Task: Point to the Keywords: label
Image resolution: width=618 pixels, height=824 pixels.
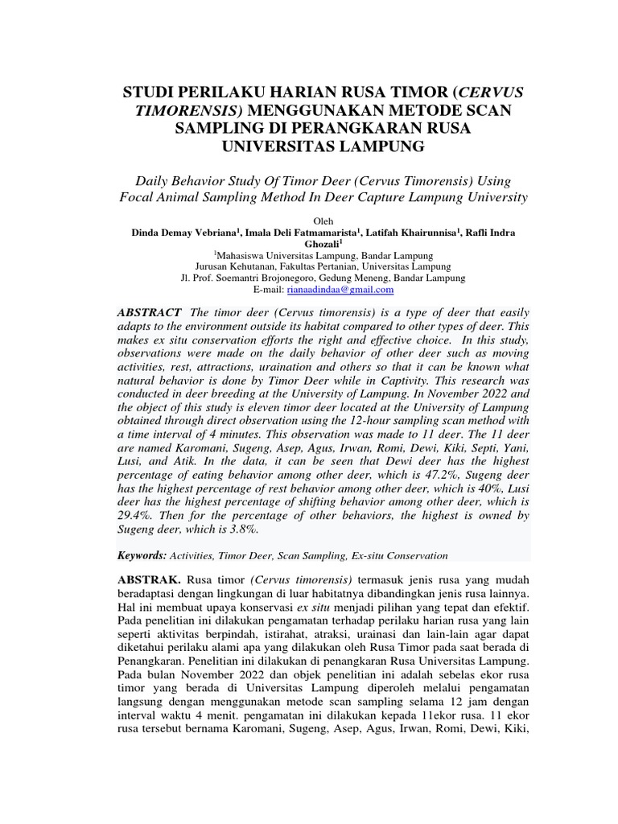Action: (x=142, y=555)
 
